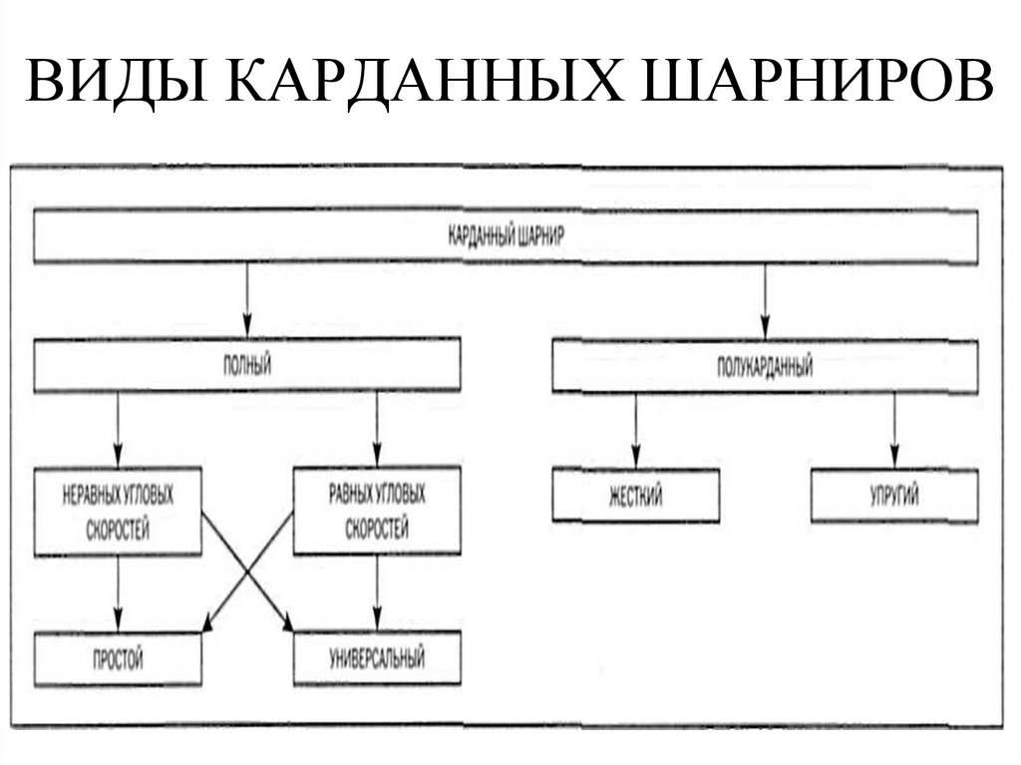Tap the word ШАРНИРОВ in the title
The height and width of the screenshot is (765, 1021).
[x=819, y=83]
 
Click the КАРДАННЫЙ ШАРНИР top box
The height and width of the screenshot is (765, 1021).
[x=507, y=238]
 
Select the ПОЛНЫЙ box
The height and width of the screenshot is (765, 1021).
[x=247, y=366]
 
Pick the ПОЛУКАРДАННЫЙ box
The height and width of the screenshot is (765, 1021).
[x=765, y=367]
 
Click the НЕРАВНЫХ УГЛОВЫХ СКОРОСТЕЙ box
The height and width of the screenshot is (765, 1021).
[x=118, y=511]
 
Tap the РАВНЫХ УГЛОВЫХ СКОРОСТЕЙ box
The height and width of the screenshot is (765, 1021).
[x=377, y=511]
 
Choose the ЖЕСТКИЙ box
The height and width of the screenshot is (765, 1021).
[x=635, y=496]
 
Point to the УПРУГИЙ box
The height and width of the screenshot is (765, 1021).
[x=893, y=496]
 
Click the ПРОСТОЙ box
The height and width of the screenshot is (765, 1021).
[x=118, y=658]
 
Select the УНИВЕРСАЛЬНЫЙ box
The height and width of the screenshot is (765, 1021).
[x=377, y=658]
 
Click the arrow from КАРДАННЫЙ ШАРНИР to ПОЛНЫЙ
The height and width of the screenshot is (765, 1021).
[x=246, y=301]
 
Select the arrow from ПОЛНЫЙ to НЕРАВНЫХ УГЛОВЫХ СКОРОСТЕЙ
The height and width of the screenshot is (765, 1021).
[x=118, y=429]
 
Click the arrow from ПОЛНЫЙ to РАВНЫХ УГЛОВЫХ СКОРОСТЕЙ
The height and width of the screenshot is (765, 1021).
[x=377, y=429]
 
